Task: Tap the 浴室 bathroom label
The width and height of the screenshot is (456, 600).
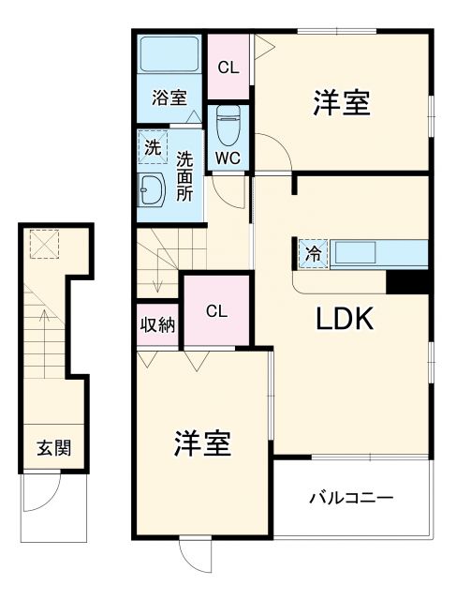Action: pos(169,97)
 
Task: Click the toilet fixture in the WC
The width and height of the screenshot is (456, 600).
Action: pos(228,123)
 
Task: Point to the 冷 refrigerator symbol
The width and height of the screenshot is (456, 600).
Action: pos(312,253)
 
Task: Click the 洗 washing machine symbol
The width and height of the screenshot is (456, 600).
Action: pos(152,146)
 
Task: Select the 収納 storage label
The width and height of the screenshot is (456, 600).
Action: pos(157,325)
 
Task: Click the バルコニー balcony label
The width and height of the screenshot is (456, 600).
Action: pos(351,497)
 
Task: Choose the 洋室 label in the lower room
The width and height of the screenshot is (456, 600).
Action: pos(202,443)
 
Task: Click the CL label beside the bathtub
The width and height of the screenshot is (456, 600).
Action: pos(228,67)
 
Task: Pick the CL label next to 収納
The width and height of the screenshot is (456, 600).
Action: pos(216,311)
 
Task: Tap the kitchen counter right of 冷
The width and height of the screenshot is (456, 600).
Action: pos(368,254)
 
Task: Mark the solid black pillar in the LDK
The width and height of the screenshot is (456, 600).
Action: pos(406,281)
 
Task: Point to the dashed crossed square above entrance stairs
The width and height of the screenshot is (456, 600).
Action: pos(43,245)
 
